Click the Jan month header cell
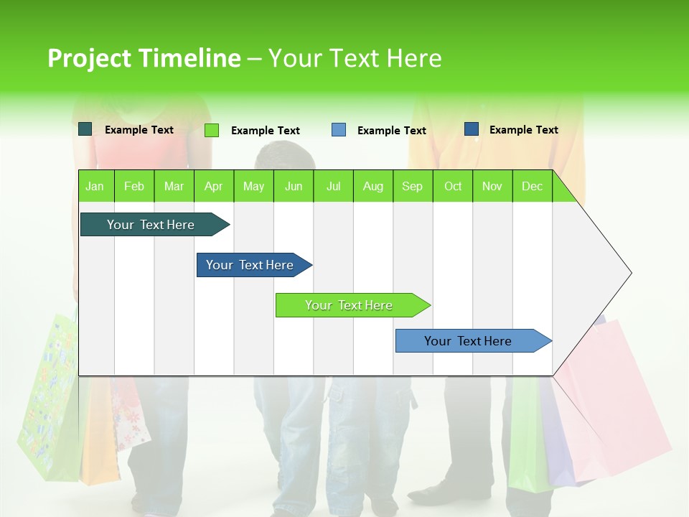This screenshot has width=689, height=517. pyautogui.click(x=95, y=186)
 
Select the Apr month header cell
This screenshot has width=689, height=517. pyautogui.click(x=214, y=186)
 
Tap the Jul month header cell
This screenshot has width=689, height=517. pyautogui.click(x=333, y=186)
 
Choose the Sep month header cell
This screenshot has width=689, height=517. pyautogui.click(x=413, y=186)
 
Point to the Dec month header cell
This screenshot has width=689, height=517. pyautogui.click(x=532, y=186)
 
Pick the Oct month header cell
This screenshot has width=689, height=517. pyautogui.click(x=453, y=186)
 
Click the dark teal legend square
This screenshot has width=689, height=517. pyautogui.click(x=85, y=129)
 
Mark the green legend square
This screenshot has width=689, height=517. pyautogui.click(x=212, y=130)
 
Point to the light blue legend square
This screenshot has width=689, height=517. pyautogui.click(x=339, y=130)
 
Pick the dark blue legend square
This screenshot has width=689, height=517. pyautogui.click(x=472, y=129)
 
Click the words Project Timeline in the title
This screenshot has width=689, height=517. pyautogui.click(x=144, y=58)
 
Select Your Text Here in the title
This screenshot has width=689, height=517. pyautogui.click(x=355, y=58)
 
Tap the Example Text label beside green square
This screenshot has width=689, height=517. pyautogui.click(x=266, y=131)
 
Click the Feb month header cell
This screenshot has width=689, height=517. pyautogui.click(x=134, y=186)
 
